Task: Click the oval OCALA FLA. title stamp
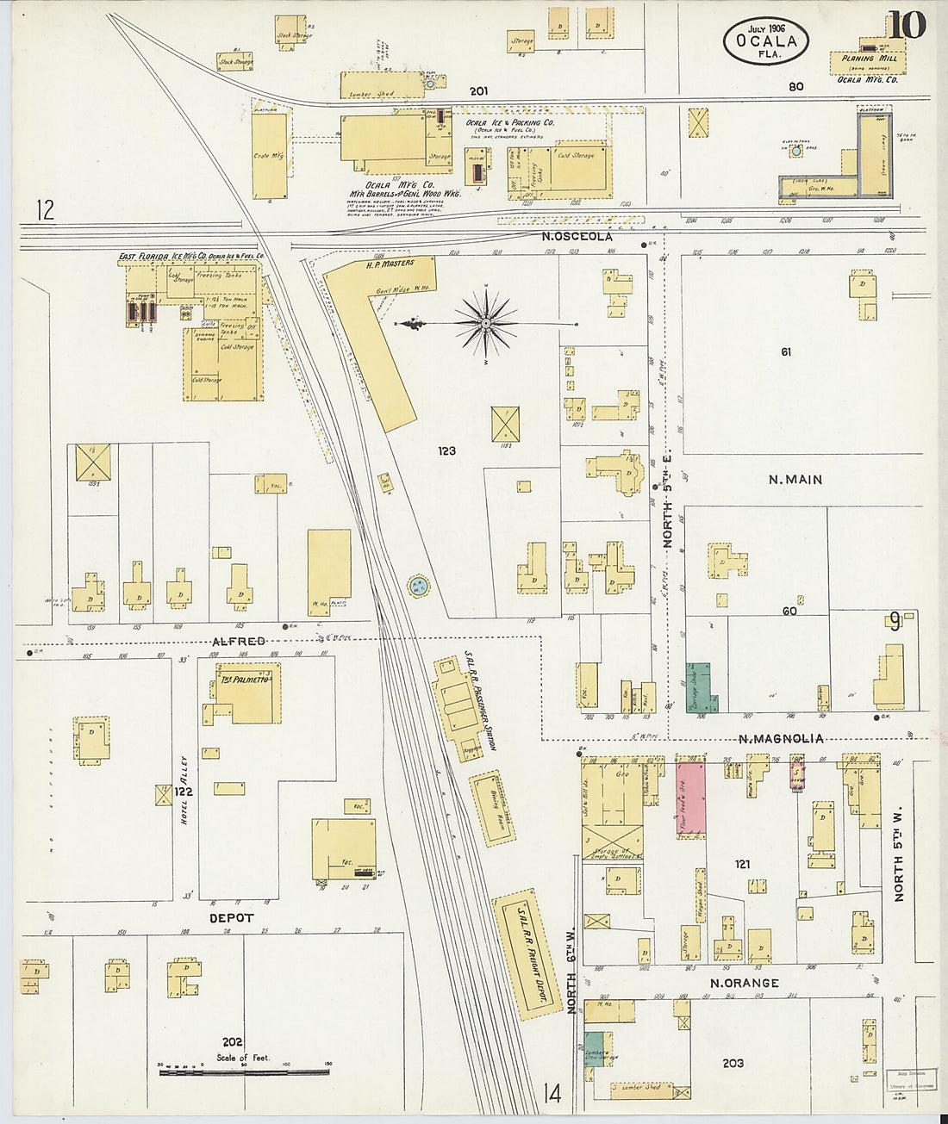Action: pos(765,41)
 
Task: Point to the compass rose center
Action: pos(486,323)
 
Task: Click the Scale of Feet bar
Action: pos(245,1072)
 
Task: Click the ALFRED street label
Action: pos(239,642)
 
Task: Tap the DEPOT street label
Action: pos(232,918)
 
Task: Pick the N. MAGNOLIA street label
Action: pos(781,738)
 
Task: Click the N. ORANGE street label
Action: pos(744,983)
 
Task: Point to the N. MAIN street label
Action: pos(795,480)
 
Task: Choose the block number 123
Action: pos(446,450)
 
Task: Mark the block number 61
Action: pos(786,351)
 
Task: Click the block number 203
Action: pos(733,1063)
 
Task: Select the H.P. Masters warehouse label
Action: pos(390,264)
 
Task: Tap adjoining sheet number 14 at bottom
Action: pos(552,1094)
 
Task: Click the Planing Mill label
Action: pos(870,59)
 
